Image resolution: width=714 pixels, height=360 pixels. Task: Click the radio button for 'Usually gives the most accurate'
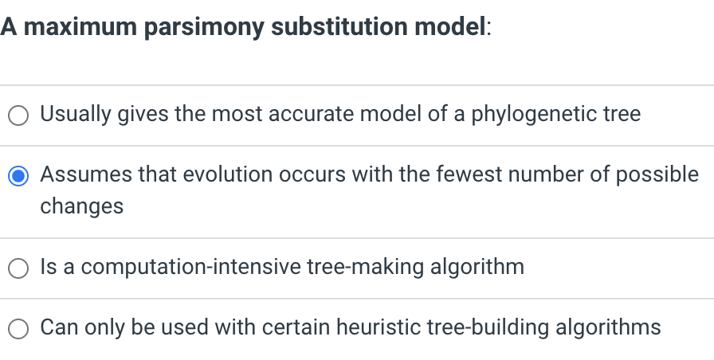coord(19,115)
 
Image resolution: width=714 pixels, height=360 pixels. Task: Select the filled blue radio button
coord(19,175)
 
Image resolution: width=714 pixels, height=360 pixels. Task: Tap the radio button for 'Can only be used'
coord(19,327)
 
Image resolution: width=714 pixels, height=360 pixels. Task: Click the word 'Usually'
coord(76,114)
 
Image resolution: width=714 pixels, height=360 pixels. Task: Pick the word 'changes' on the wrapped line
coord(82,206)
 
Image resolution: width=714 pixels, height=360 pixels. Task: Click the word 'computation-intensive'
coord(191,266)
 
